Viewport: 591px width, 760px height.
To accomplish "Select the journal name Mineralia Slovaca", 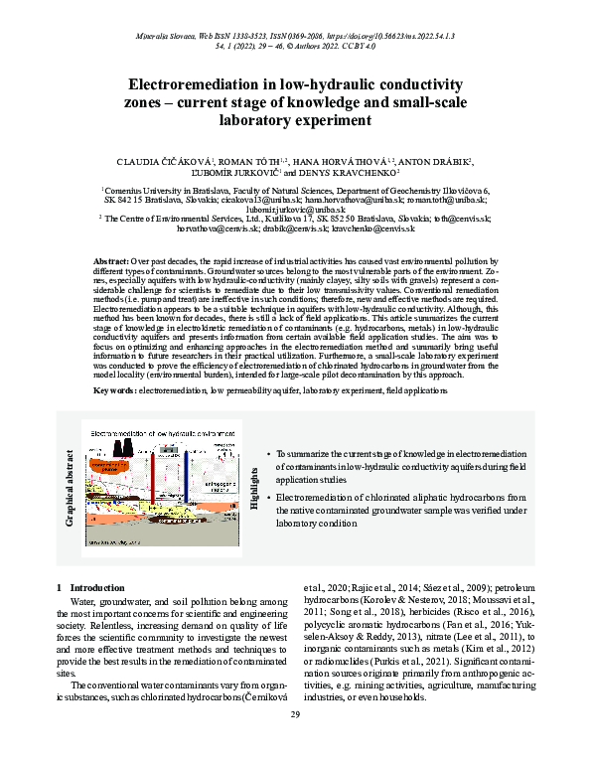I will point(155,36).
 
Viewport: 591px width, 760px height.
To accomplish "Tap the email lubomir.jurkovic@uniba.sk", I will point(296,209).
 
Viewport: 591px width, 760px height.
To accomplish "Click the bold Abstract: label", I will point(109,256).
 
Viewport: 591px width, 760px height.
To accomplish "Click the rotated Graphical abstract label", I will point(68,481).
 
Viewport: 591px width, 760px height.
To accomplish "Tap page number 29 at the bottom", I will point(295,715).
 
